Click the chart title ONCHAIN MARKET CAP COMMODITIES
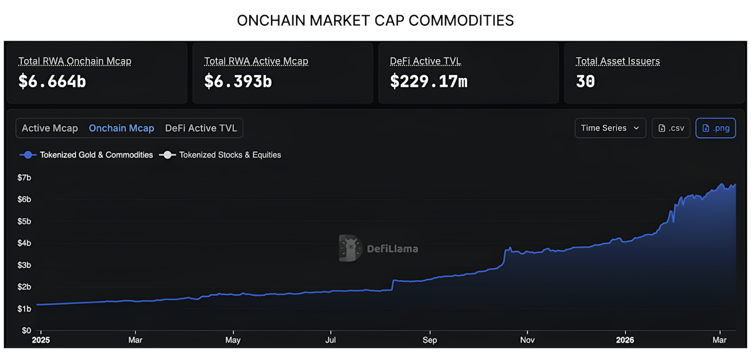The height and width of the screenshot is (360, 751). (375, 20)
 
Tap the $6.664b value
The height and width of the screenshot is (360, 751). (52, 81)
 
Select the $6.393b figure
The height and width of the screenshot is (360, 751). (238, 81)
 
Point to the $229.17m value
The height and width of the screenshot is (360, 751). (429, 81)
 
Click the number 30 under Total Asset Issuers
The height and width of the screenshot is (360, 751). (585, 81)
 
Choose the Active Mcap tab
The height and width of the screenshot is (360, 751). (50, 128)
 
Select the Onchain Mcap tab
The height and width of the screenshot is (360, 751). (122, 128)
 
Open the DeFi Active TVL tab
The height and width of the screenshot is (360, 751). (201, 128)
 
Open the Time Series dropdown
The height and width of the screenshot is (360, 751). (610, 128)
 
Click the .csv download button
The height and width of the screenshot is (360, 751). (671, 128)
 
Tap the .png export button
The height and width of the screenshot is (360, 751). (716, 128)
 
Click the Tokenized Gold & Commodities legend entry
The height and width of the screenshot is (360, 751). (87, 155)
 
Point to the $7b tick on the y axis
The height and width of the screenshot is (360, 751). (25, 177)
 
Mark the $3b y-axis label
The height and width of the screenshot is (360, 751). (25, 265)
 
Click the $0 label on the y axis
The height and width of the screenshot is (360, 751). (26, 330)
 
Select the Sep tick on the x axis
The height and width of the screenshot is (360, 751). (430, 340)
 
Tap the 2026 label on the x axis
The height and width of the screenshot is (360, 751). (625, 340)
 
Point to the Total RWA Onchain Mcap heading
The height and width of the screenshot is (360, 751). (75, 61)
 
